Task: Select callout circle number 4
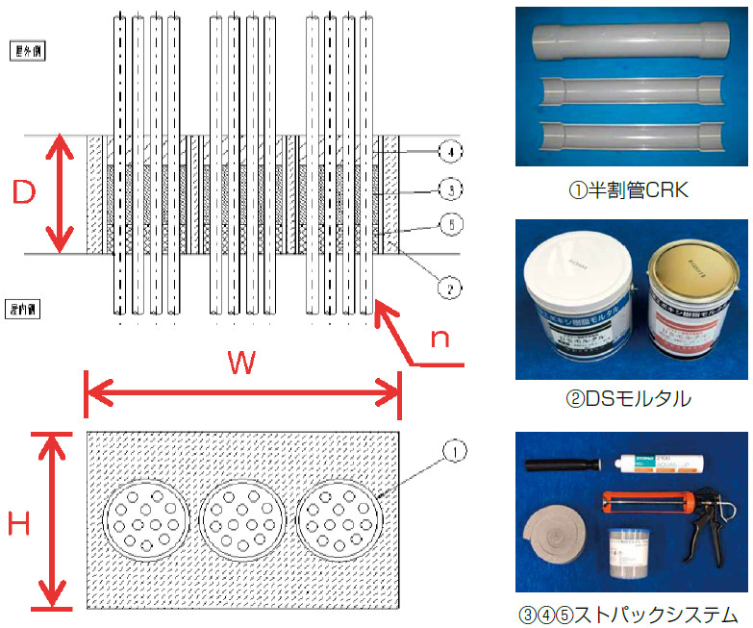[450, 151]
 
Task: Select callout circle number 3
[450, 189]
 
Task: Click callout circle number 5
[450, 225]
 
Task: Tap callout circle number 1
[455, 449]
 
